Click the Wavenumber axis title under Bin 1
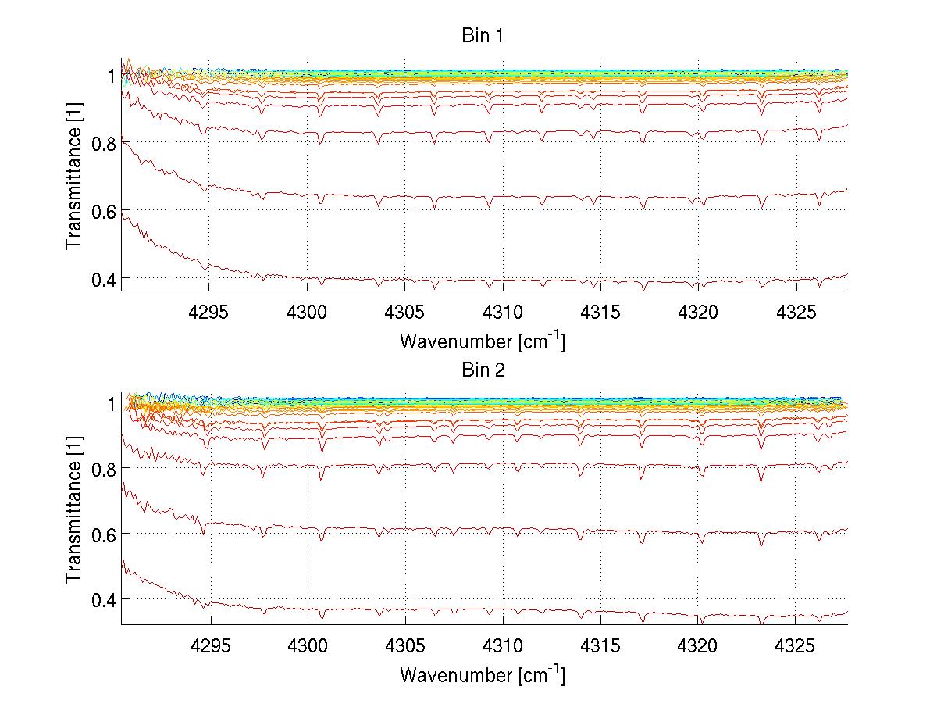pyautogui.click(x=483, y=341)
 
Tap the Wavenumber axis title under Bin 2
pyautogui.click(x=483, y=674)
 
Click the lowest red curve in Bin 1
pyautogui.click(x=547, y=281)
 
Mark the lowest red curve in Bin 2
pyautogui.click(x=547, y=609)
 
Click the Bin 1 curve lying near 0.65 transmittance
pyautogui.click(x=547, y=195)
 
